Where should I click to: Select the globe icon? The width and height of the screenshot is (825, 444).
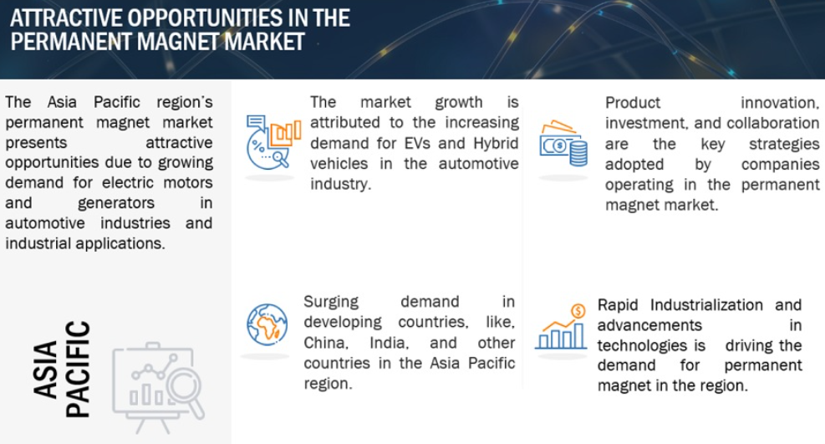(267, 324)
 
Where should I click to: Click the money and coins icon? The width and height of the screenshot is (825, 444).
(563, 144)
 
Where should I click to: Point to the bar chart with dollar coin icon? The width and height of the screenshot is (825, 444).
(561, 327)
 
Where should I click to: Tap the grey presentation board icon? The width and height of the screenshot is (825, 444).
(158, 388)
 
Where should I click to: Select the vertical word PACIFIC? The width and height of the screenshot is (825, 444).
(78, 370)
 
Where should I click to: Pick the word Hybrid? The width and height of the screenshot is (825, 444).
(496, 144)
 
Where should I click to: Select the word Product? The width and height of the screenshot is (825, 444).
(633, 103)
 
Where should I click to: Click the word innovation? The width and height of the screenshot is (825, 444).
(780, 103)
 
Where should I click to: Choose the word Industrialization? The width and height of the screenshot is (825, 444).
(706, 305)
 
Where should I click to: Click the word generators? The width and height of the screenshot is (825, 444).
(116, 203)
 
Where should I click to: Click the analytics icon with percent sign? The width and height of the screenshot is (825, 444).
(273, 142)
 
